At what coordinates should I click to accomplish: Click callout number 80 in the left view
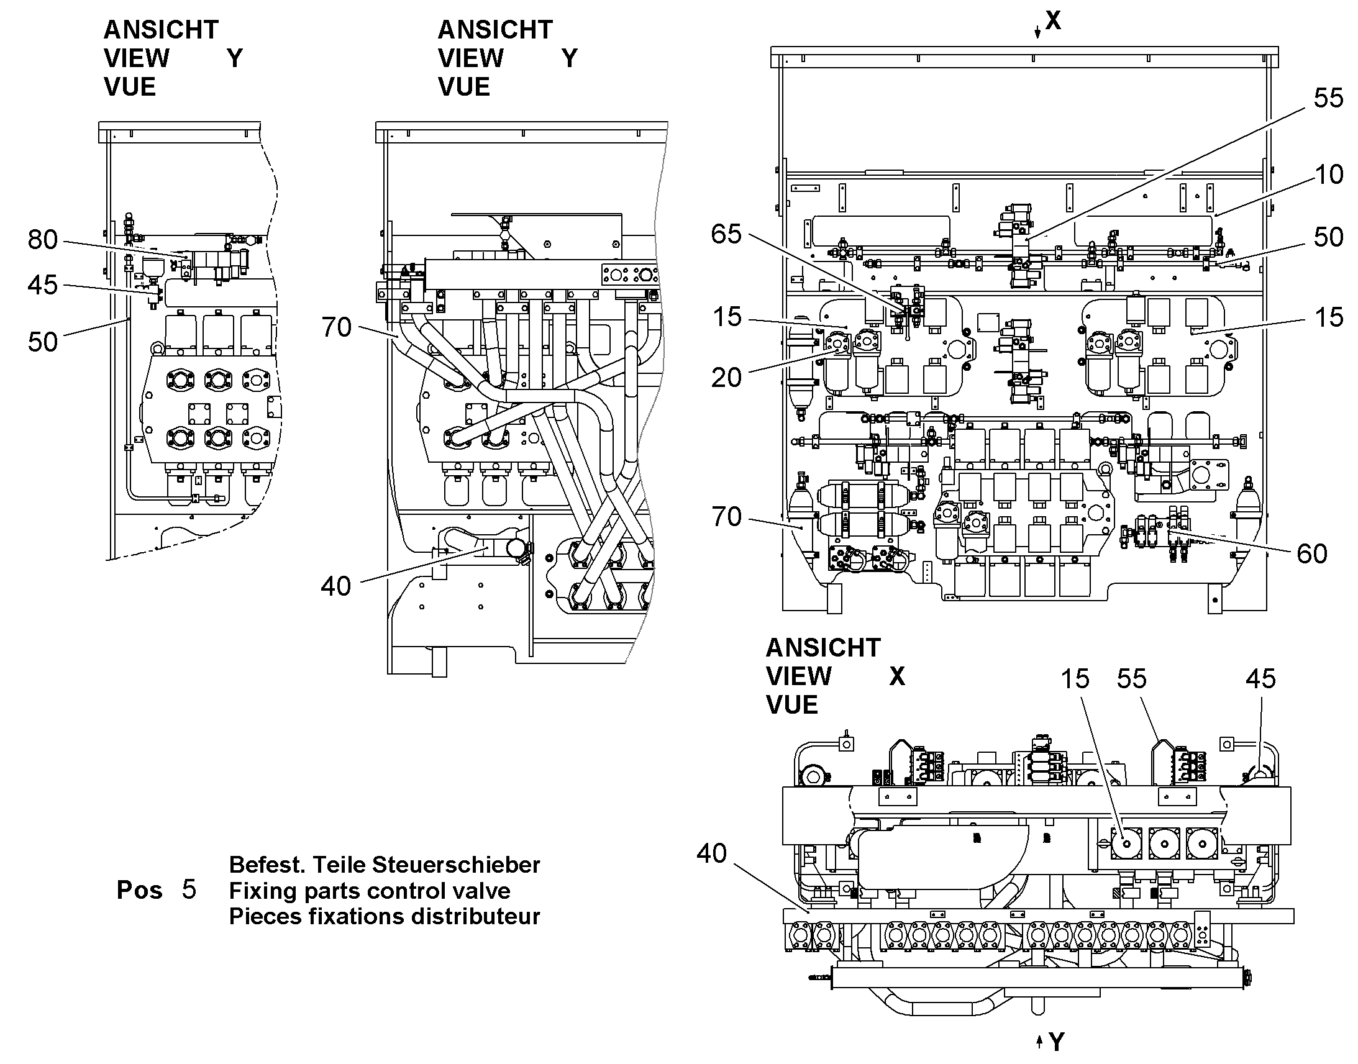pyautogui.click(x=43, y=240)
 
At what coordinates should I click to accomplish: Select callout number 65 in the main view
pyautogui.click(x=726, y=234)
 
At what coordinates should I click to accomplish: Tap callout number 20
pyautogui.click(x=726, y=378)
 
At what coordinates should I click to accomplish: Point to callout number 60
pyautogui.click(x=1312, y=554)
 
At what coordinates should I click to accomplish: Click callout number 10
pyautogui.click(x=1329, y=175)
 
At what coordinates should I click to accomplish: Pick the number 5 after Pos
pyautogui.click(x=189, y=889)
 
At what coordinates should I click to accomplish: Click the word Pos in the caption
pyautogui.click(x=140, y=890)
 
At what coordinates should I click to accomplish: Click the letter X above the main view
pyautogui.click(x=1053, y=20)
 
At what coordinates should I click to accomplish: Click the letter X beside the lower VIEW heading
pyautogui.click(x=897, y=676)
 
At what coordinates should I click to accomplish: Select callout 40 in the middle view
pyautogui.click(x=336, y=586)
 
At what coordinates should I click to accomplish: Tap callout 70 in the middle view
pyautogui.click(x=336, y=328)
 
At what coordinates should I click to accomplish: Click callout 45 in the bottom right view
pyautogui.click(x=1261, y=679)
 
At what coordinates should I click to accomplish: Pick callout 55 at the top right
pyautogui.click(x=1329, y=98)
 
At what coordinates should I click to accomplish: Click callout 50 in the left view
pyautogui.click(x=43, y=342)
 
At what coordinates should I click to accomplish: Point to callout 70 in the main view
pyautogui.click(x=726, y=517)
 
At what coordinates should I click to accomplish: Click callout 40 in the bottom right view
pyautogui.click(x=712, y=853)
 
